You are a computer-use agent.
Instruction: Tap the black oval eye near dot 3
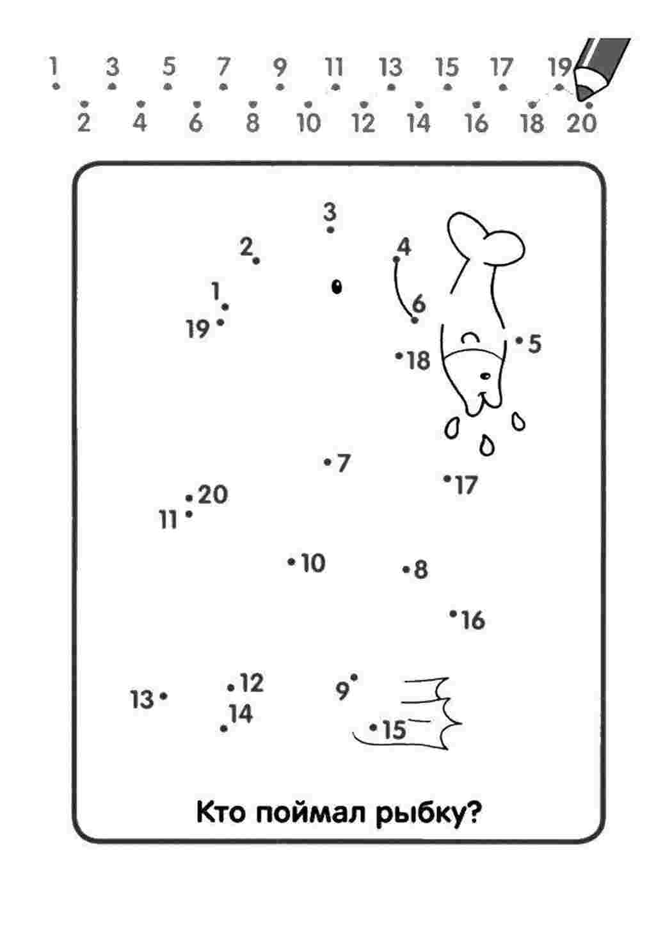click(x=337, y=287)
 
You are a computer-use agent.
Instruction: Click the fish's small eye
click(x=485, y=376)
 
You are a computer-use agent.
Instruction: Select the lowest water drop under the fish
click(x=487, y=445)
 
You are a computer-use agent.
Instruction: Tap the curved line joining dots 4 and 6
click(x=401, y=292)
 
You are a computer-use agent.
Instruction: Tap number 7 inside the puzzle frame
click(x=343, y=463)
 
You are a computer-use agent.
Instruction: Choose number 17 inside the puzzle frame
click(x=467, y=485)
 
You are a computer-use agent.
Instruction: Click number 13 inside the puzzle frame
click(x=141, y=699)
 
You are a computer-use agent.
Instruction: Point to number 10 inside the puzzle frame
click(x=313, y=563)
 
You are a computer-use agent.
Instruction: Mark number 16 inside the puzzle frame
click(x=473, y=621)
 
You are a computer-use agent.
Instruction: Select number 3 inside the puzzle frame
click(x=330, y=212)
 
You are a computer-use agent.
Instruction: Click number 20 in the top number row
click(x=582, y=123)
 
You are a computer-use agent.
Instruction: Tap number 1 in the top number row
click(x=53, y=66)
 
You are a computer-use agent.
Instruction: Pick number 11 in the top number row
click(x=334, y=67)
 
